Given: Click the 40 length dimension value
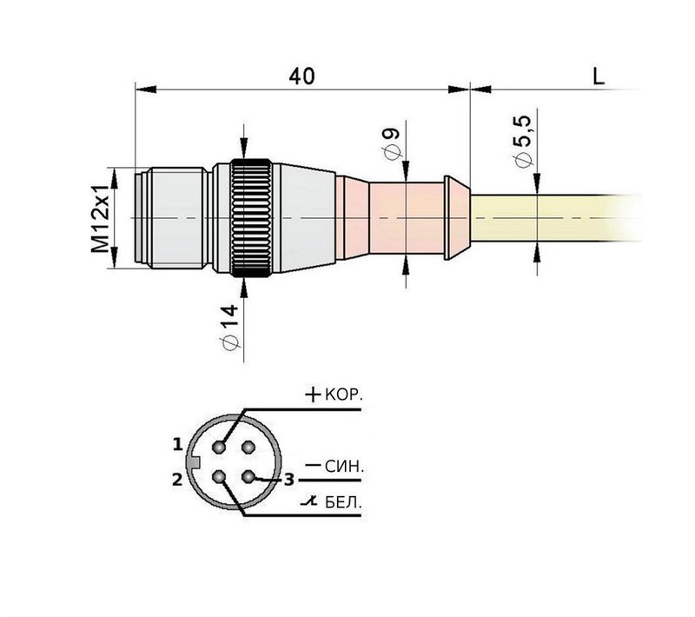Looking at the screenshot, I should click(301, 76).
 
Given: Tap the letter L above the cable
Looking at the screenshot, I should click(598, 76).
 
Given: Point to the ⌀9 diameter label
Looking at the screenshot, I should click(390, 144).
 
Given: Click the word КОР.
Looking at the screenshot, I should click(344, 395).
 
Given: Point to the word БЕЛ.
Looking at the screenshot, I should click(344, 503).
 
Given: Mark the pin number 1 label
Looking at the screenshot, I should click(177, 445).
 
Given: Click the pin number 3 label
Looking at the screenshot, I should click(289, 479).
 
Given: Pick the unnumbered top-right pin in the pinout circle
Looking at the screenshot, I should click(248, 447).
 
